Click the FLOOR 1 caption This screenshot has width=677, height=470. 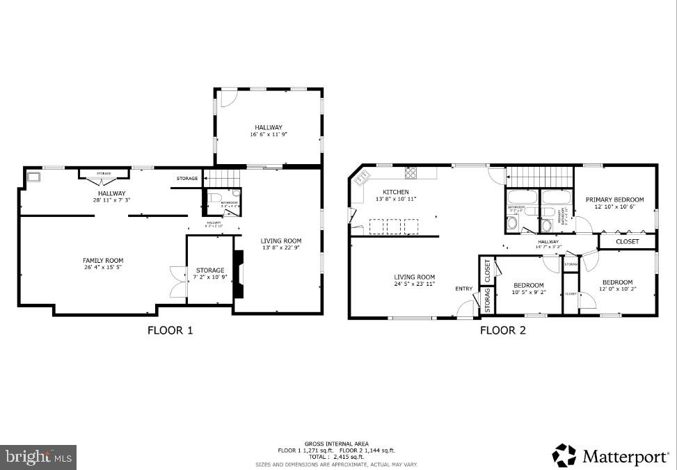[x=170, y=330]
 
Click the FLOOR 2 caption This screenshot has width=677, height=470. [x=502, y=330]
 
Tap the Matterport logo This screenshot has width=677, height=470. [x=610, y=456]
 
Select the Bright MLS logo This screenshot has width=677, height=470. [x=39, y=457]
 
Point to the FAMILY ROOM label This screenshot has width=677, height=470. [x=103, y=261]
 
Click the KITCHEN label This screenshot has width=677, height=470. [x=396, y=192]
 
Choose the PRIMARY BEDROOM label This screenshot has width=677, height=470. [x=614, y=200]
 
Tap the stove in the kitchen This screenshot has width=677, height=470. [x=411, y=174]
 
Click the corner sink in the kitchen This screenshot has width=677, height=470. [x=361, y=179]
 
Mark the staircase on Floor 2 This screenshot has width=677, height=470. [x=539, y=177]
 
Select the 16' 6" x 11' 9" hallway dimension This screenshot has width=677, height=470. [x=268, y=135]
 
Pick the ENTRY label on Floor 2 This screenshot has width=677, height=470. [x=464, y=289]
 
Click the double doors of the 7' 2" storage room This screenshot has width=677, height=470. [x=178, y=282]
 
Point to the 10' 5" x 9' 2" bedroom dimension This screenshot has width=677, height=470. [x=529, y=293]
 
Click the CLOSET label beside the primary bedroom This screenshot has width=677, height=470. [x=628, y=242]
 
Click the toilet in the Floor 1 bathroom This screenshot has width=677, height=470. [x=213, y=197]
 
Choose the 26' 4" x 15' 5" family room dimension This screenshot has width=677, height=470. [x=103, y=268]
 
